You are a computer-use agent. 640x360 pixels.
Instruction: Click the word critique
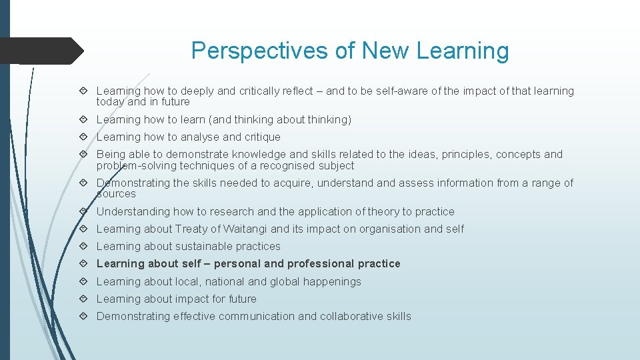261,137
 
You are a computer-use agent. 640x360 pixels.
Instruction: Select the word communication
257,317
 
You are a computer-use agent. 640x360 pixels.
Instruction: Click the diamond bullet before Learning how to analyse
83,137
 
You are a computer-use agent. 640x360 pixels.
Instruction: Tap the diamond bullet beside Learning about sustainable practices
83,247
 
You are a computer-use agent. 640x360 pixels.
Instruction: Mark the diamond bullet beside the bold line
83,264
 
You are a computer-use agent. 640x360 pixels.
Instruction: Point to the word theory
382,212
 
